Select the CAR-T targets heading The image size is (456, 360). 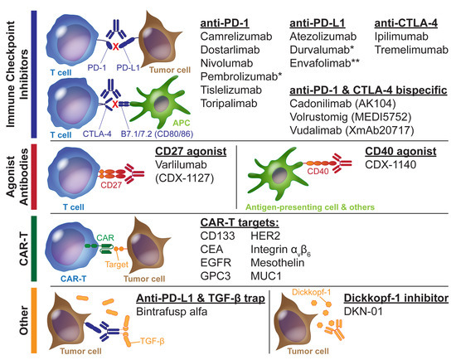point(241,223)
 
